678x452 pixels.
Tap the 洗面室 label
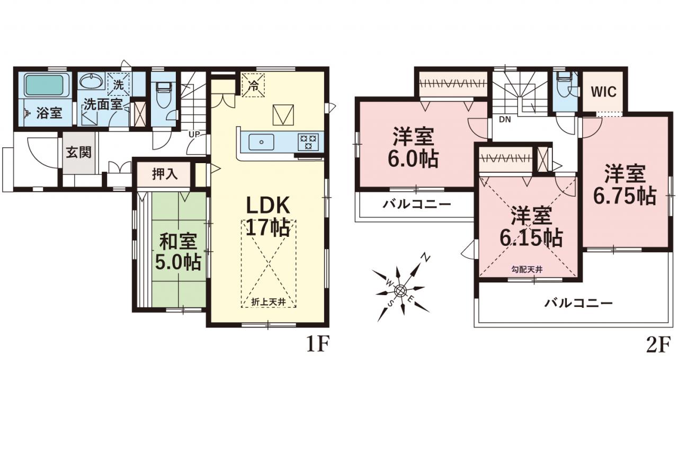click(103, 104)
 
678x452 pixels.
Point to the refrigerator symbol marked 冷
click(253, 85)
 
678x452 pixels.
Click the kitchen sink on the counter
click(261, 142)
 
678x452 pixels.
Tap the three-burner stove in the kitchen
click(308, 141)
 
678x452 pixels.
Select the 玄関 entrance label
click(79, 152)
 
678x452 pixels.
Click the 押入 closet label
click(164, 174)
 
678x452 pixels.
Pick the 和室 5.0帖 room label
click(178, 252)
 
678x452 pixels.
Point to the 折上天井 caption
click(269, 302)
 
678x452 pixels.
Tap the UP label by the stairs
click(194, 134)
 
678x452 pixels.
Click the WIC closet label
click(603, 92)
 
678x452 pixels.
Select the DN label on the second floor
click(505, 120)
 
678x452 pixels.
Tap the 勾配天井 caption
click(527, 269)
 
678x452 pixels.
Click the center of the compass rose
click(400, 291)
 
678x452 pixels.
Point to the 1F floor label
click(317, 345)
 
